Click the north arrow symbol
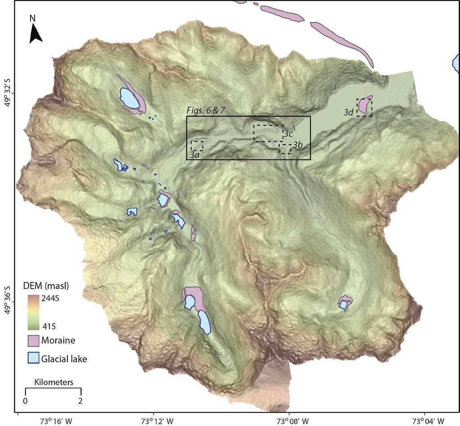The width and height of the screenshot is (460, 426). pos(35,34)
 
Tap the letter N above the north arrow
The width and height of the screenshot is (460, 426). pos(32,18)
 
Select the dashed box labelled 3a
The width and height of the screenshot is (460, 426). pos(197,146)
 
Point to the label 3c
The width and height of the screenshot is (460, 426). pos(288,134)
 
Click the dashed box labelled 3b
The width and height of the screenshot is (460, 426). pos(285,149)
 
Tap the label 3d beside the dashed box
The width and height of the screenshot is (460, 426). pos(349,113)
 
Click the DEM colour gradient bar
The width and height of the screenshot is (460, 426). pos(33,312)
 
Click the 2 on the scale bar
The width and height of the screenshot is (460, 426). pos(80,400)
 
